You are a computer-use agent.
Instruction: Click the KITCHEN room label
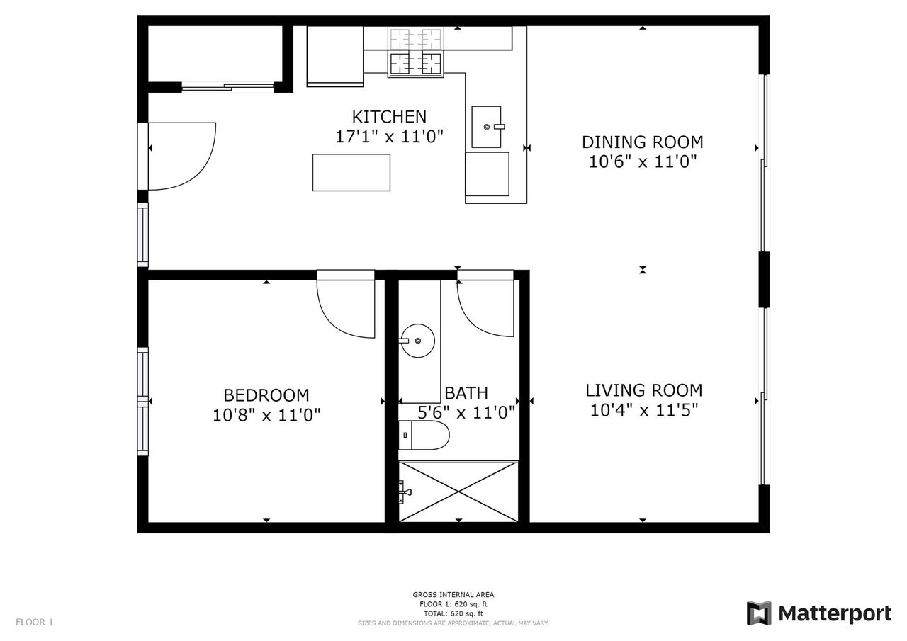[389, 117]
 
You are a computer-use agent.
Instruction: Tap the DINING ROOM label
[643, 142]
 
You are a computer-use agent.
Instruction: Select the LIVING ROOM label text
[644, 390]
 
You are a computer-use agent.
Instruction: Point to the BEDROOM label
[266, 395]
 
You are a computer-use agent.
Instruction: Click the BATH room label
[466, 393]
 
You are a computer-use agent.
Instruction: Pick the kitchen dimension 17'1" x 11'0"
[390, 137]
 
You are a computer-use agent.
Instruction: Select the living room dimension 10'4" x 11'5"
[644, 410]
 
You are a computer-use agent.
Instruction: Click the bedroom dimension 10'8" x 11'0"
[266, 415]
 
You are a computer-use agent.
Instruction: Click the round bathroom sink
[417, 341]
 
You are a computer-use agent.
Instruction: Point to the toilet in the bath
[424, 435]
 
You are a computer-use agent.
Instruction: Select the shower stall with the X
[458, 492]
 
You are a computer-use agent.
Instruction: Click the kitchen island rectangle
[351, 172]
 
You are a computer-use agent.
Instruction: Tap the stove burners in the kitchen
[415, 64]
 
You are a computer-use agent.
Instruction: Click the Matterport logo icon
[758, 613]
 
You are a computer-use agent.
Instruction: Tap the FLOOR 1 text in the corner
[35, 622]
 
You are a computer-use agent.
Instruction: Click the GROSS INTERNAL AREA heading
[453, 594]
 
